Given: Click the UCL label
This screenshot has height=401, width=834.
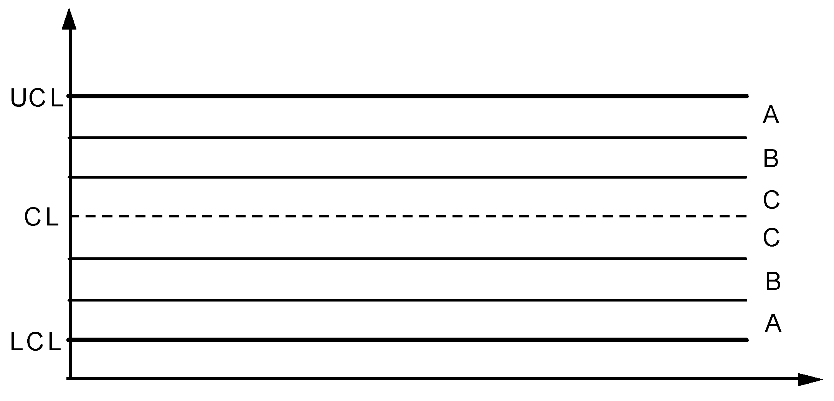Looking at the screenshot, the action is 36,98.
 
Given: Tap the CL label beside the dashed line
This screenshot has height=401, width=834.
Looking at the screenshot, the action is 41,217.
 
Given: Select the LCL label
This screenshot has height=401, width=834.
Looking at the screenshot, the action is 35,342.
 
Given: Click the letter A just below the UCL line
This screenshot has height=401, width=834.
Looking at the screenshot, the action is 771,115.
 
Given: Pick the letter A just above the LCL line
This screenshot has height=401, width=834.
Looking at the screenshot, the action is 773,323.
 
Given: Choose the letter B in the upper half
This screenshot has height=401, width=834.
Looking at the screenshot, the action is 771,159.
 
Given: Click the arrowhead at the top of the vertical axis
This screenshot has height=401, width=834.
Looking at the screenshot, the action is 69,19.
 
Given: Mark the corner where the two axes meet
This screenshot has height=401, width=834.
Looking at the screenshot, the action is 70,379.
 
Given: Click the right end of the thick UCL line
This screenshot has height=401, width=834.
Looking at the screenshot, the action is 746,96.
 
